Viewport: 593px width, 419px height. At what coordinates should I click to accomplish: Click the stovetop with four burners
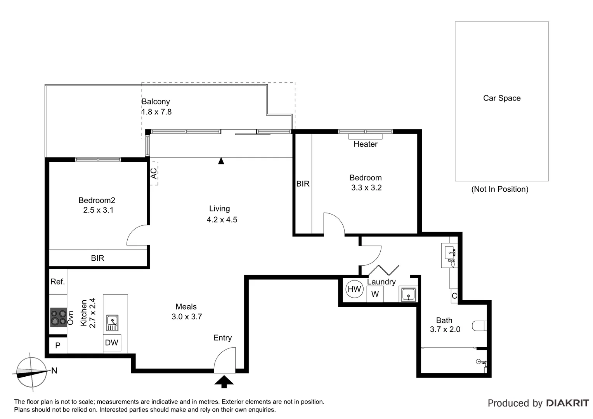[x=59, y=317]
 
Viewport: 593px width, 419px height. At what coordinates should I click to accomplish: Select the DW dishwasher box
[x=112, y=343]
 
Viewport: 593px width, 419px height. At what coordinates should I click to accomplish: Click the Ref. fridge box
[x=58, y=282]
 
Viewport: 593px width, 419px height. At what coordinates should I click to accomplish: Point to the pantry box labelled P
[x=58, y=345]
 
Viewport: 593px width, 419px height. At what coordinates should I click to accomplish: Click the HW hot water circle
[x=354, y=289]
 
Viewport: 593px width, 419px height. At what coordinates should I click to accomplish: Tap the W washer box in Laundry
[x=375, y=294]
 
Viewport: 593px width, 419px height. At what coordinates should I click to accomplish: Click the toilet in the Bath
[x=480, y=326]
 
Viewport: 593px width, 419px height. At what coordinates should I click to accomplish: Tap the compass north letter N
[x=54, y=371]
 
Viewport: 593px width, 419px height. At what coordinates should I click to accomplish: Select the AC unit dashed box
[x=154, y=173]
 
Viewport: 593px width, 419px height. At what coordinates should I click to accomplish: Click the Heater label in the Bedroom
[x=365, y=144]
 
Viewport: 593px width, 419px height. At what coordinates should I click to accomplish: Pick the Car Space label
[x=501, y=98]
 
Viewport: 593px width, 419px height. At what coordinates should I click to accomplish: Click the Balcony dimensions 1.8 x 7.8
[x=156, y=112]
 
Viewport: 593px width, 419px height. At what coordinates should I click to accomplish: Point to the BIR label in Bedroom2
[x=97, y=258]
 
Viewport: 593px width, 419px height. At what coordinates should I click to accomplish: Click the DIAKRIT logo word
[x=567, y=403]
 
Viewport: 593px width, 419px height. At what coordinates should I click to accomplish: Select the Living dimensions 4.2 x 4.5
[x=222, y=220]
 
